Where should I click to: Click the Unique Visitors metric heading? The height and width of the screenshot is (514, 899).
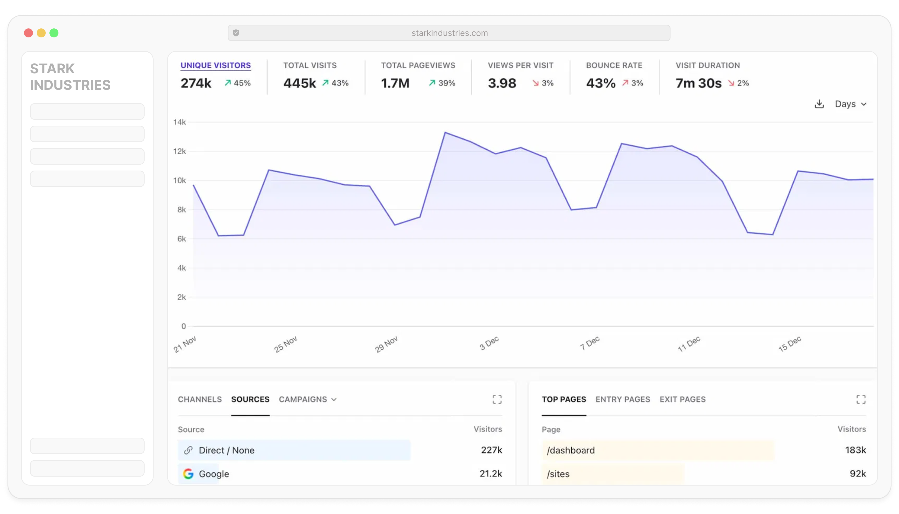click(216, 65)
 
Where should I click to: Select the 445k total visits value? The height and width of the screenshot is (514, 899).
click(299, 83)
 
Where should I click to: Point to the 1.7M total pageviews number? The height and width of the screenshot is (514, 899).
click(395, 83)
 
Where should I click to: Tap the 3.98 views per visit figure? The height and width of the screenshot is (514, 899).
click(502, 83)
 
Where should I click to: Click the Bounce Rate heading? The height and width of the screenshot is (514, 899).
click(614, 65)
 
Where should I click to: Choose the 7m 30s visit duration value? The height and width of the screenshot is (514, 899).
click(698, 83)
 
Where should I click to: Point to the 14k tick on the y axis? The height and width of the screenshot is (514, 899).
click(180, 122)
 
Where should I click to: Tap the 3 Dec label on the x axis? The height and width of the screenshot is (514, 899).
click(489, 343)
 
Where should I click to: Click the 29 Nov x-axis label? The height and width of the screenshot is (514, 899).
click(386, 344)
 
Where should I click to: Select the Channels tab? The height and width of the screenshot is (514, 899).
click(200, 399)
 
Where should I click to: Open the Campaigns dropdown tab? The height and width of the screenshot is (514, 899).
click(307, 399)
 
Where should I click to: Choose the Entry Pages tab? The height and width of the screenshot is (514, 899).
click(623, 399)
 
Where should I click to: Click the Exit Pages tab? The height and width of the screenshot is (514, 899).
click(682, 399)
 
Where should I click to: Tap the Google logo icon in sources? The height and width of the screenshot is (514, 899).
click(188, 474)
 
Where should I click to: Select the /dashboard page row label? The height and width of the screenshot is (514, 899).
click(571, 450)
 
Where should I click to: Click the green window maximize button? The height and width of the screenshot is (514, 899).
click(54, 33)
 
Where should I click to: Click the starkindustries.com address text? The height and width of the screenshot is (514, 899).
click(449, 33)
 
